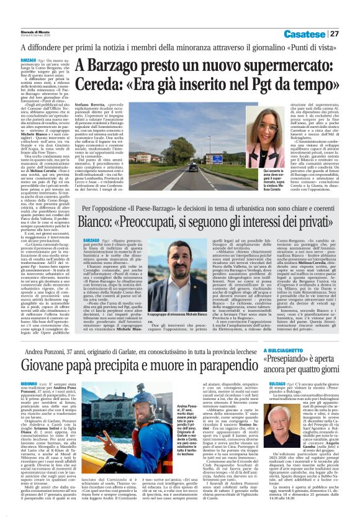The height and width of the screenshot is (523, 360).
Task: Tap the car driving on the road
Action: pyautogui.click(x=176, y=168)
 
